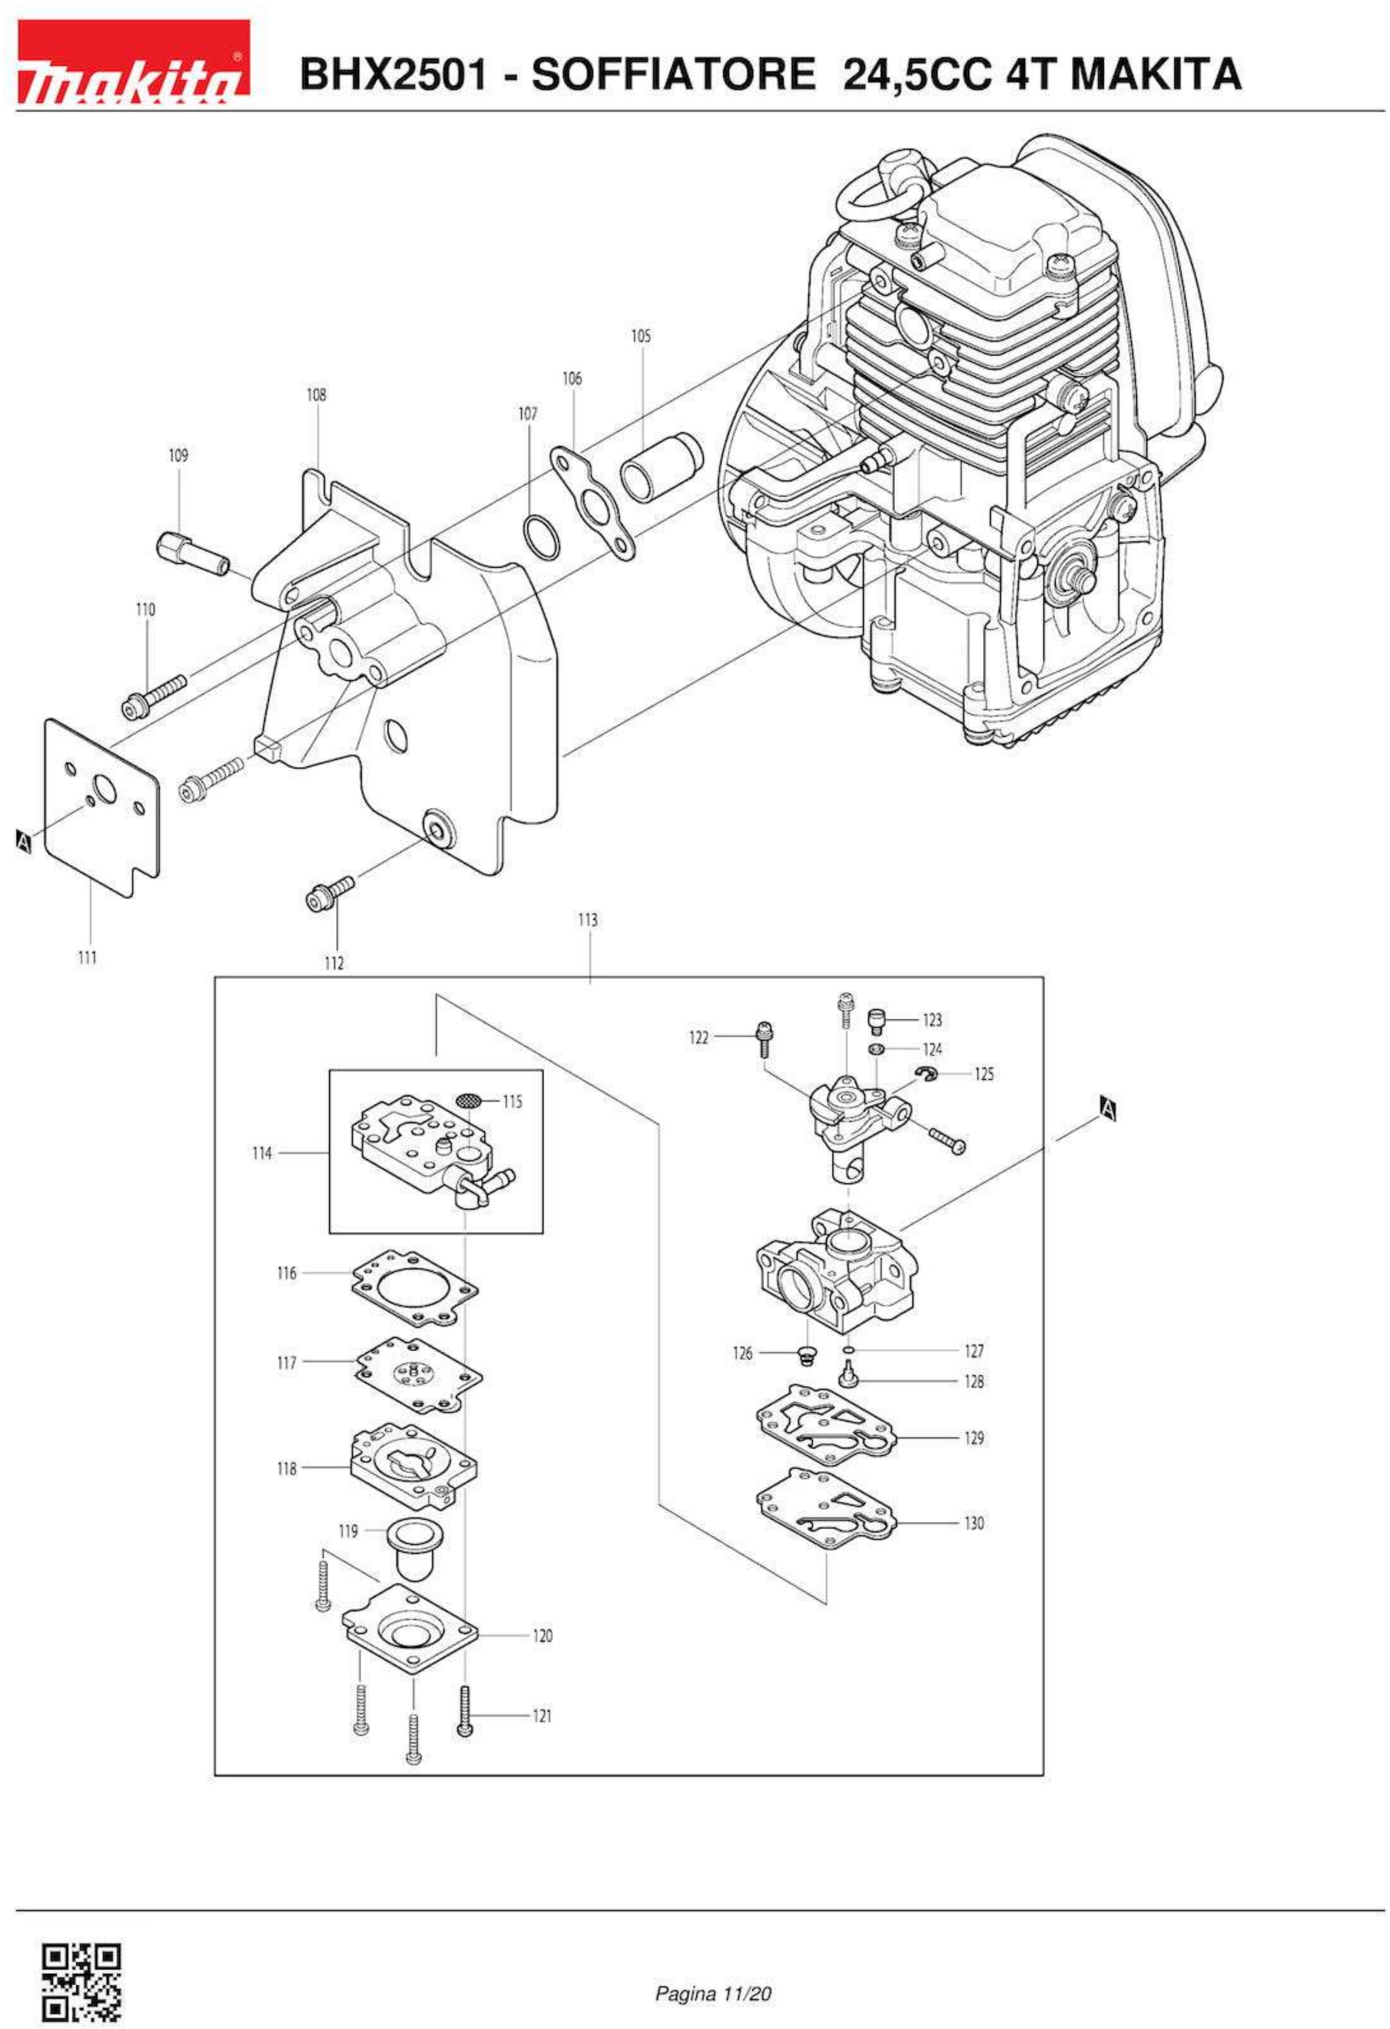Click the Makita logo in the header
pos(133,61)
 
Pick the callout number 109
pos(178,455)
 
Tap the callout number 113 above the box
pos(588,919)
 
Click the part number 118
pos(286,1469)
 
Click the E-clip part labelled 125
pos(927,1073)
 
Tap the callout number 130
pos(973,1524)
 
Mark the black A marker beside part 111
pos(23,842)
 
